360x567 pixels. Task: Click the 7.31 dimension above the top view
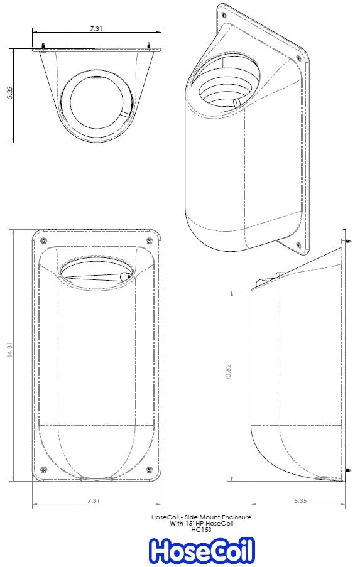coord(96,28)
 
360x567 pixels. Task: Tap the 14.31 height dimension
coord(8,355)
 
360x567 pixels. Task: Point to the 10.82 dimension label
coord(227,372)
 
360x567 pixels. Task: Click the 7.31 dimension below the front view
coord(95,500)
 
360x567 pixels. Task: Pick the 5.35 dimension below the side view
coord(299,500)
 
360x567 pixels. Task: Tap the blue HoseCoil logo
coord(202,551)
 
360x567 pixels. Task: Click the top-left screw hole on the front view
coord(43,242)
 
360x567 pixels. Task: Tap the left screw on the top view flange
coord(43,45)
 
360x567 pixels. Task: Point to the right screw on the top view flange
coord(150,45)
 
